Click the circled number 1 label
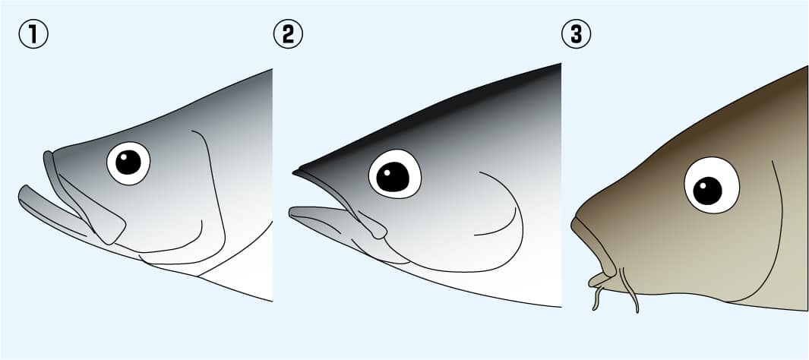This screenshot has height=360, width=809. point(33,34)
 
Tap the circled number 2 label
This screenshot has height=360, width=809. point(288,34)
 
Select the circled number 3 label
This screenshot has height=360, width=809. point(576,34)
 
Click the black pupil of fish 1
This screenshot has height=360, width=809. point(128,163)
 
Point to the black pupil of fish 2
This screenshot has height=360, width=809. point(393,176)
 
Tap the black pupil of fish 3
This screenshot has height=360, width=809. point(707,191)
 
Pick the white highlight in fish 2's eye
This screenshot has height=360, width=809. point(387,170)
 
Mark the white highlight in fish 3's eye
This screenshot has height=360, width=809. point(703,185)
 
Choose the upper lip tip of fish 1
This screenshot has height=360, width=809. point(48,155)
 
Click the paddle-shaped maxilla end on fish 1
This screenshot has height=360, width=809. point(109,227)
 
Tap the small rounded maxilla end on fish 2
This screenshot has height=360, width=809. point(379,231)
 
